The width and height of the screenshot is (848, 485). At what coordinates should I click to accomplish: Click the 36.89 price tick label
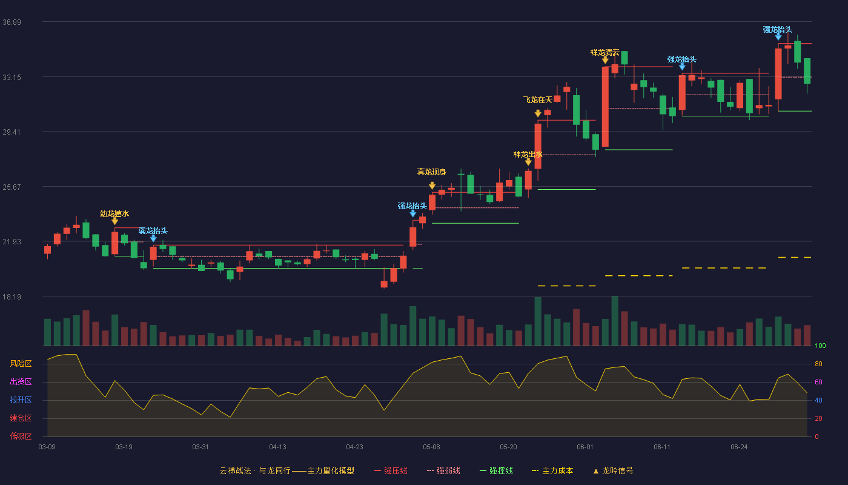tap(12, 22)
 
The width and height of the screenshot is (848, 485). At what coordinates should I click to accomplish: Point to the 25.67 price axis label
tap(12, 187)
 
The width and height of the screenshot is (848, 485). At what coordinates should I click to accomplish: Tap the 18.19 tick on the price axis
tap(12, 296)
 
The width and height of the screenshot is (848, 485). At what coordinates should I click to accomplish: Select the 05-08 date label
tap(431, 447)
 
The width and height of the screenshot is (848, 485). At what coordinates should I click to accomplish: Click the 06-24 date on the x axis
tap(740, 447)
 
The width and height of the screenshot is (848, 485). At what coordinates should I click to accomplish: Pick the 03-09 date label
tap(47, 447)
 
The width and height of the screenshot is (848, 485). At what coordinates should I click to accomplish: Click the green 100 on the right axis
tap(820, 346)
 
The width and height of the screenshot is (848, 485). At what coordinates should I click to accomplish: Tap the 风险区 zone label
tap(21, 364)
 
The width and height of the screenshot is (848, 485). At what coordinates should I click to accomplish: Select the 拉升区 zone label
tap(21, 400)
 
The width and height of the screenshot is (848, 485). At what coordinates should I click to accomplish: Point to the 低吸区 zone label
tap(21, 436)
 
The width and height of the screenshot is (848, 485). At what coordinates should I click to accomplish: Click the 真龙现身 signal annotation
tap(431, 172)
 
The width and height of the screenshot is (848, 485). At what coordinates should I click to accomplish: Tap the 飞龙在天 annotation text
tap(538, 100)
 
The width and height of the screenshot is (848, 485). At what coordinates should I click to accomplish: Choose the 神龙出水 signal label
tap(528, 155)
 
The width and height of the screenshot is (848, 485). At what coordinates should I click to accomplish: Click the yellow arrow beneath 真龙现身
tap(432, 186)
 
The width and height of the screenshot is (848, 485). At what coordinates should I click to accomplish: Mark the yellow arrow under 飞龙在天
tap(538, 113)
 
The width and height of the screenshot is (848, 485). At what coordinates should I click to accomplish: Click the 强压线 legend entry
tap(391, 471)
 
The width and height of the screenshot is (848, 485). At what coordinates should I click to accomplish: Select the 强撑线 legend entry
tap(496, 471)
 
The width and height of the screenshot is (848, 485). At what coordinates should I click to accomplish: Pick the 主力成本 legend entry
tap(552, 471)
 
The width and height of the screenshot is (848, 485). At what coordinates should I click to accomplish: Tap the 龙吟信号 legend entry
tap(613, 471)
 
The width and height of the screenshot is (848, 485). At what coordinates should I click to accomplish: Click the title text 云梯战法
tap(236, 471)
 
